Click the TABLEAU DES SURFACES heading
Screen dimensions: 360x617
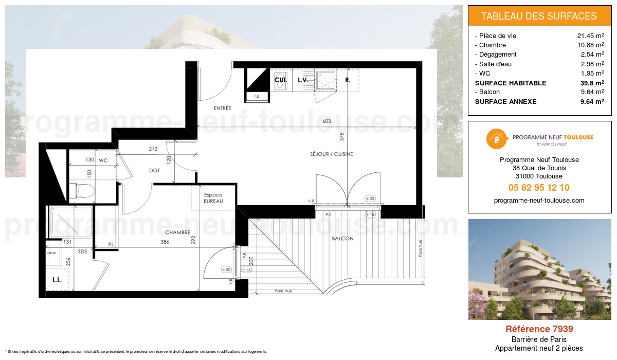(539, 16)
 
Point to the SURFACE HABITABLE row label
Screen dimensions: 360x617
(511, 83)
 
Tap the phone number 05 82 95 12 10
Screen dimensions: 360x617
(539, 188)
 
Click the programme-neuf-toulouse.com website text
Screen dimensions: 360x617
(539, 201)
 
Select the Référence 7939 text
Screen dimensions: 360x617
(539, 329)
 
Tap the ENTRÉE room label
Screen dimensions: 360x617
(223, 109)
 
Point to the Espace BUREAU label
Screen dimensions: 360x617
(213, 198)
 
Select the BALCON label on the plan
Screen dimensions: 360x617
(342, 239)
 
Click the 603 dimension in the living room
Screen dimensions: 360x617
(326, 122)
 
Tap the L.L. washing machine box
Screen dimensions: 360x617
(57, 280)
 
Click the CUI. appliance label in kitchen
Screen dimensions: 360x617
(280, 80)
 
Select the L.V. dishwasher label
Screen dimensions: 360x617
(302, 80)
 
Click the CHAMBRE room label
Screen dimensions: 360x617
(178, 232)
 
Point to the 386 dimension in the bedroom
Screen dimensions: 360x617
(165, 242)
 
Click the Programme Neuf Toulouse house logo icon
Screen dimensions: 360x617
(496, 138)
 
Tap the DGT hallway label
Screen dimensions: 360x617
(154, 171)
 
